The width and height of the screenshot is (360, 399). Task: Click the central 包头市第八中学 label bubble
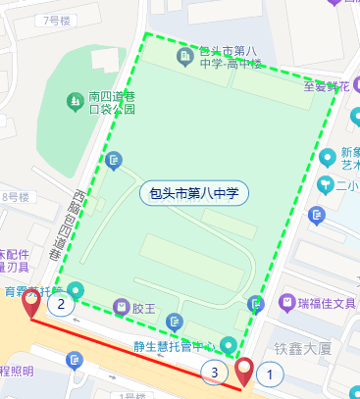[195, 193]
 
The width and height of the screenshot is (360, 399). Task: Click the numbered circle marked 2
[62, 305]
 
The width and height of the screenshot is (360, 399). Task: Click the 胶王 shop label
[143, 308]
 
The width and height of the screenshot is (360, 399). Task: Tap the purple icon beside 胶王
[121, 308]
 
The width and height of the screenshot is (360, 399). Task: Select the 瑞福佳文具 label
[330, 303]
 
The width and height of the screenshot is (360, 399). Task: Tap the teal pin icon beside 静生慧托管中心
[229, 345]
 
